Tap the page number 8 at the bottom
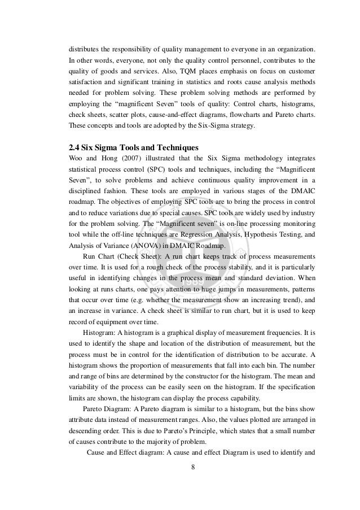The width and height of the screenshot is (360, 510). pos(192,482)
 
